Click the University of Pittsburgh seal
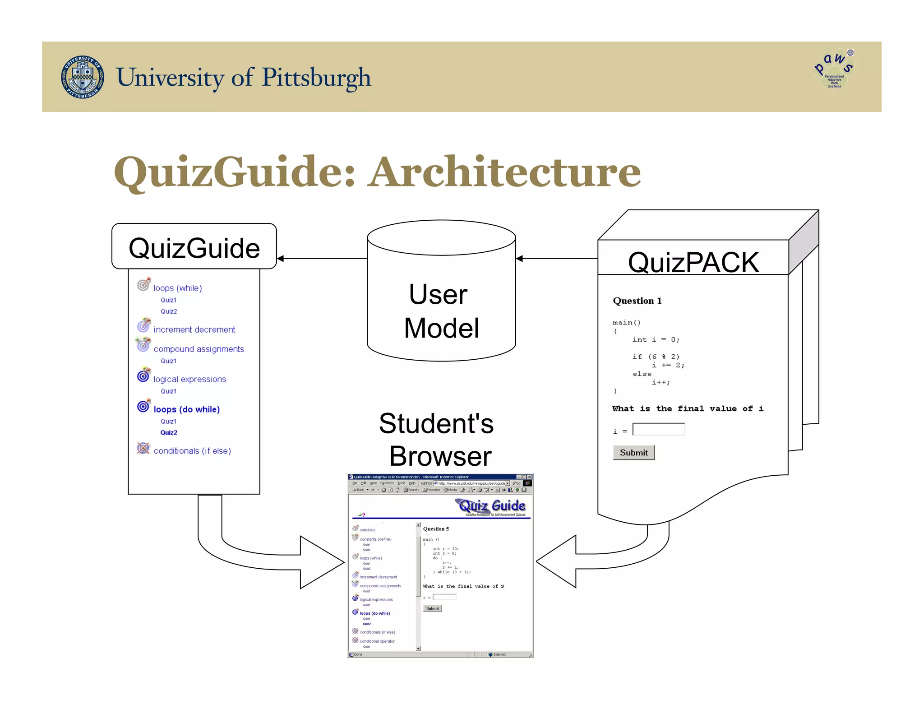[x=82, y=77]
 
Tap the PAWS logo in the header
[x=834, y=69]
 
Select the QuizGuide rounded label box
[x=194, y=247]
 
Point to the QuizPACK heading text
[x=693, y=262]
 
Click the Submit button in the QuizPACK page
[x=633, y=453]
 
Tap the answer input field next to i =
[x=659, y=429]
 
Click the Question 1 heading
[x=637, y=301]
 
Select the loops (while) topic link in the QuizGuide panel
[x=178, y=288]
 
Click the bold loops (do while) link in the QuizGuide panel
[x=186, y=409]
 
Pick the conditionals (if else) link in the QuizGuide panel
[x=192, y=451]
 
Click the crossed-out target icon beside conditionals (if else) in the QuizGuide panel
[x=143, y=448]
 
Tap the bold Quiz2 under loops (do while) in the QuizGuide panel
[x=169, y=432]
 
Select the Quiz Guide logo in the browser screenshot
[x=492, y=506]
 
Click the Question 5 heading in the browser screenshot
[x=436, y=529]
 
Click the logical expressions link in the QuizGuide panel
[x=189, y=379]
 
